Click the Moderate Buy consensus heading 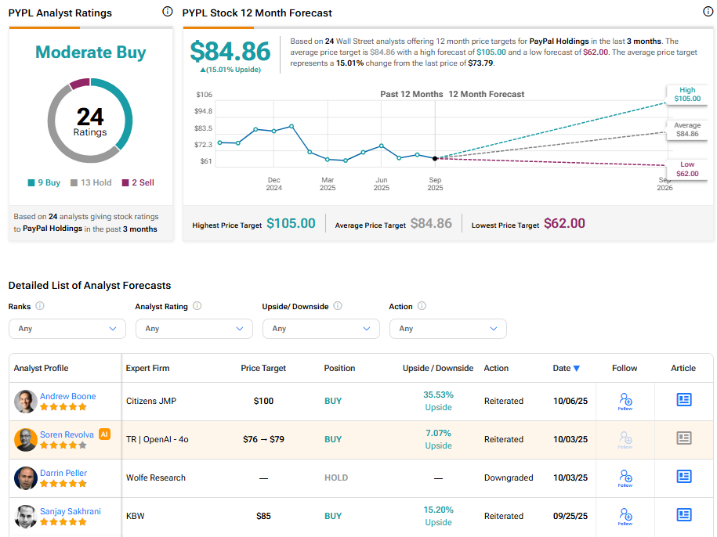tap(90, 52)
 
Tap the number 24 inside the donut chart tap(90, 117)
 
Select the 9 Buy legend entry tap(44, 182)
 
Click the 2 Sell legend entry tap(138, 182)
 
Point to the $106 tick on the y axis tap(204, 95)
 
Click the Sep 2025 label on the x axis tap(435, 184)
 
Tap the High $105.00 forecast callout tap(687, 94)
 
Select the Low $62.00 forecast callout tap(687, 169)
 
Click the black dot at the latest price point tap(435, 158)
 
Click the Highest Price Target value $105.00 tap(291, 224)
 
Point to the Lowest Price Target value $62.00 tap(564, 224)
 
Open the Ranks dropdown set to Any tap(67, 329)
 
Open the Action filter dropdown tap(447, 329)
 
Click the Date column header tap(566, 368)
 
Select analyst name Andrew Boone tap(68, 396)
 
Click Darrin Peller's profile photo tap(26, 478)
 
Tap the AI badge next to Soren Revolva tap(105, 434)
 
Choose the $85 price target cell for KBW tap(263, 516)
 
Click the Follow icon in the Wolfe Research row tap(625, 478)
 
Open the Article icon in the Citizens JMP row tap(684, 400)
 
